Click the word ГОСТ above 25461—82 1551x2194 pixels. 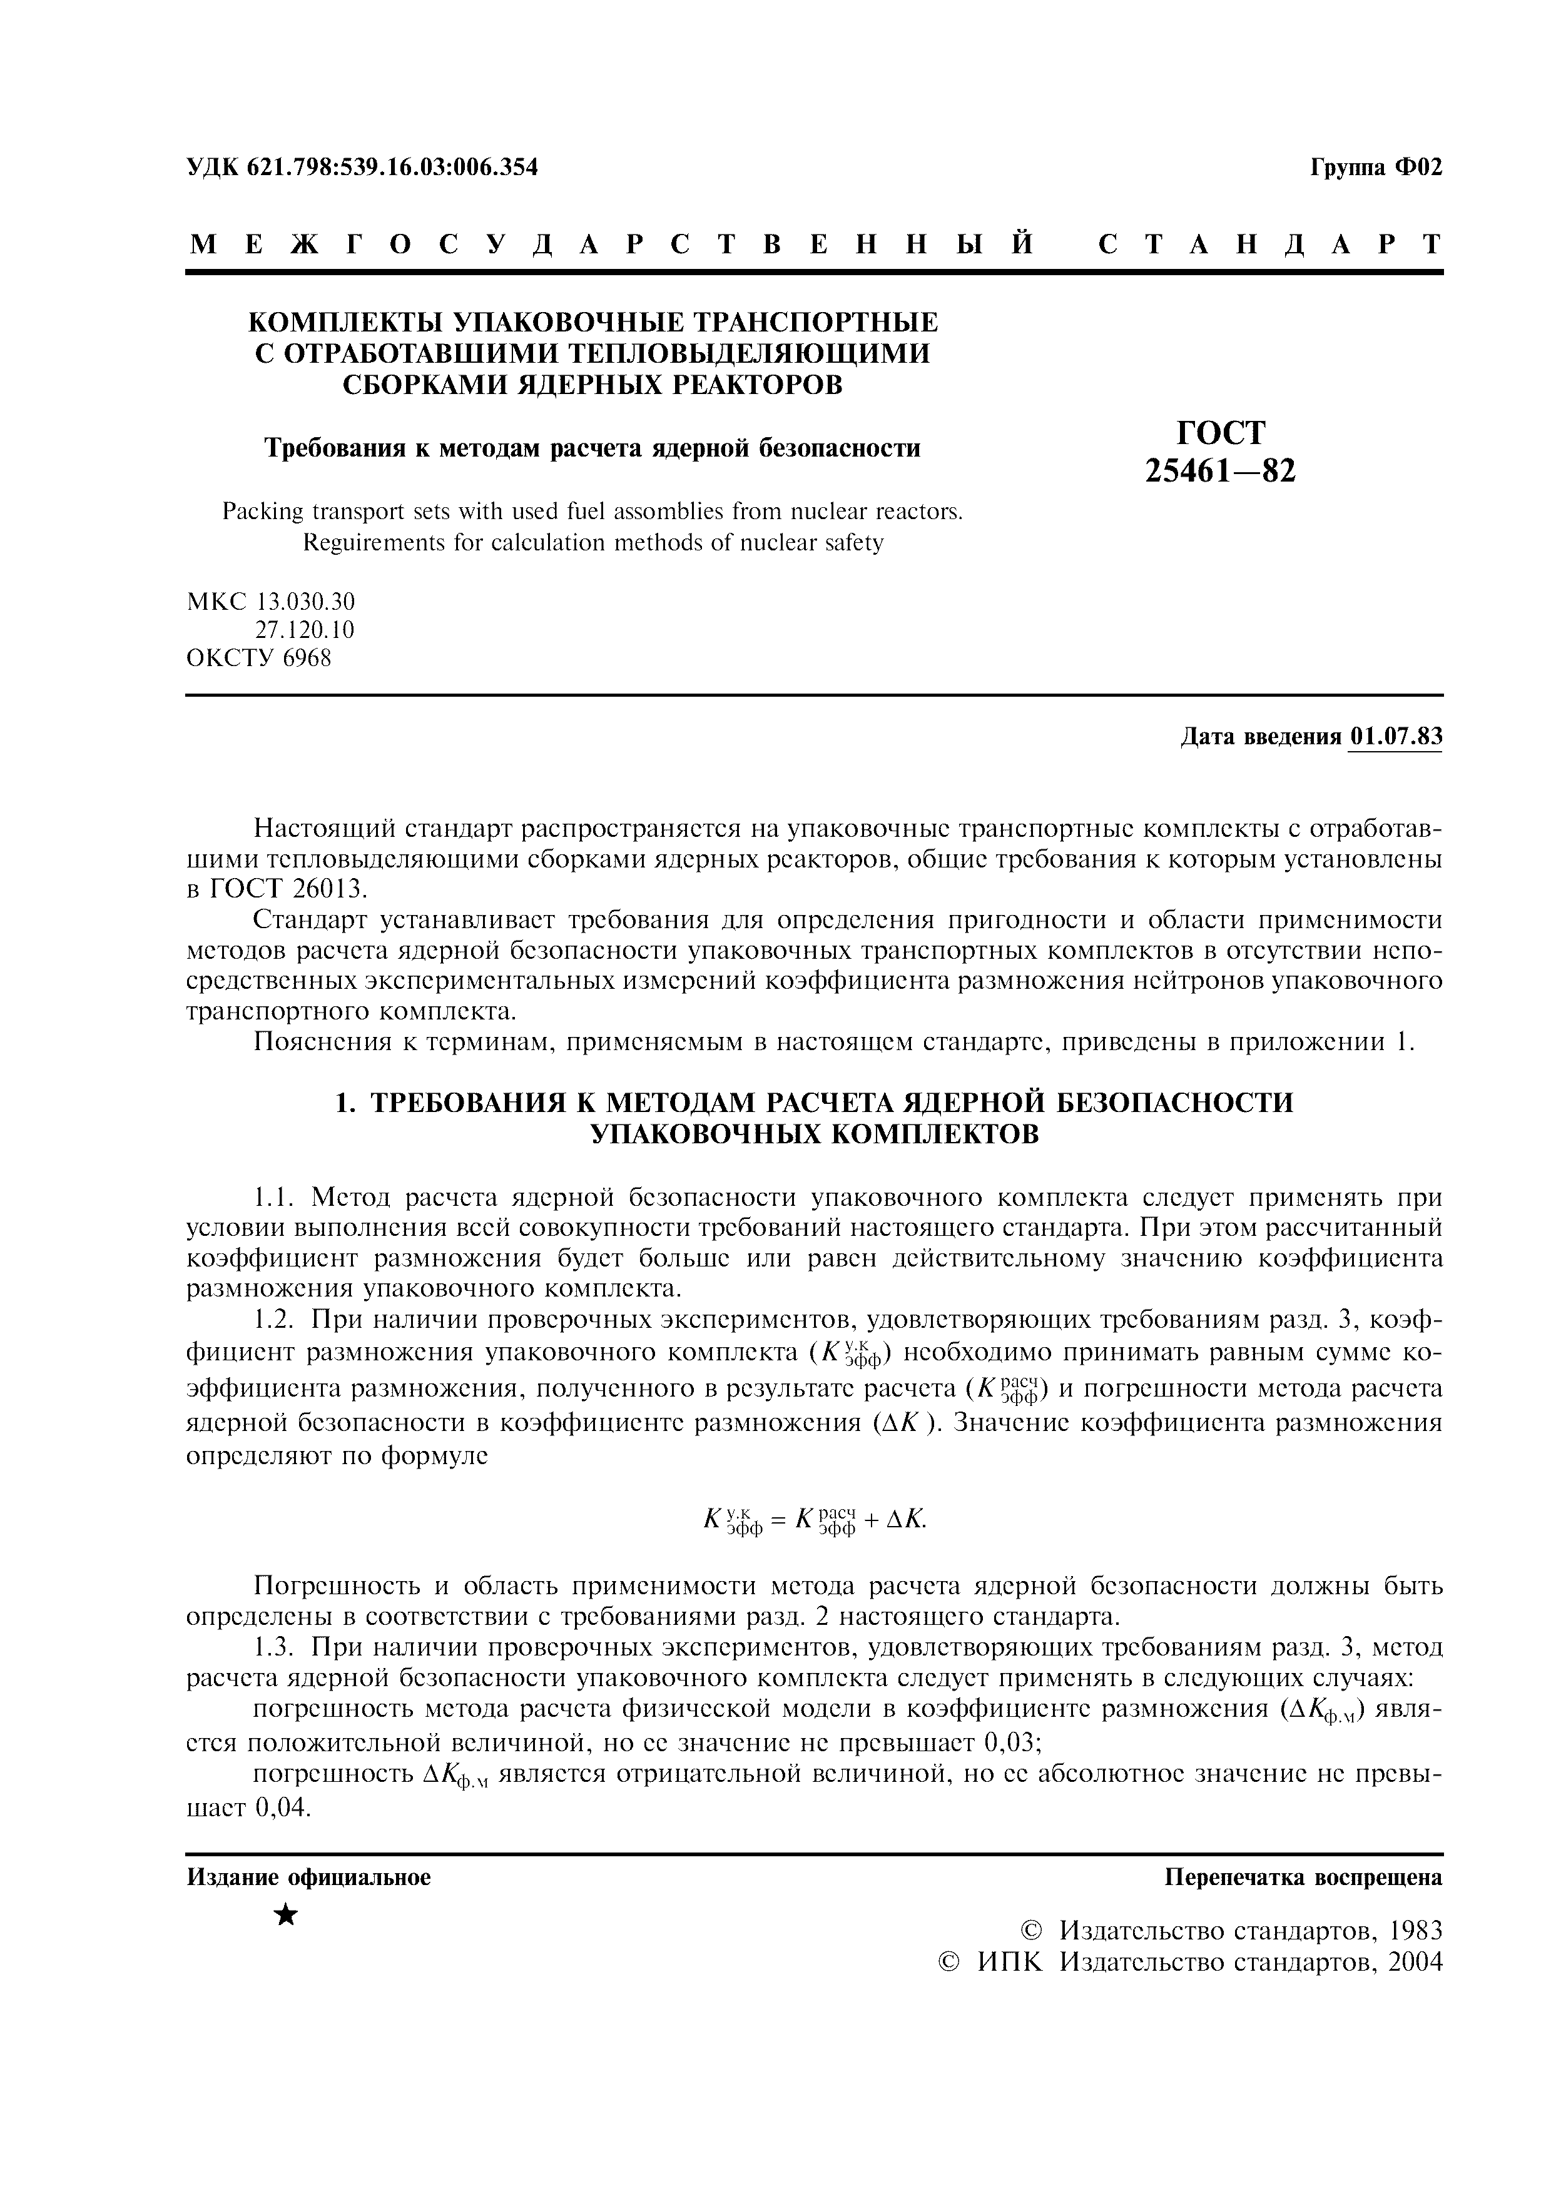point(1221,433)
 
